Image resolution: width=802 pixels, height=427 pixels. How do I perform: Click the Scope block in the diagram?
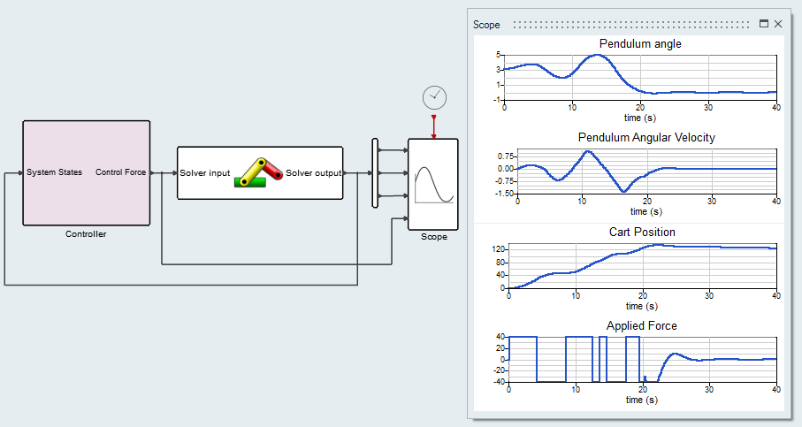tap(433, 183)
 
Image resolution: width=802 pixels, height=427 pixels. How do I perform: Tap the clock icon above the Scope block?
tap(434, 97)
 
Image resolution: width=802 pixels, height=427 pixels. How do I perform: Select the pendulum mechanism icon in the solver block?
tap(257, 172)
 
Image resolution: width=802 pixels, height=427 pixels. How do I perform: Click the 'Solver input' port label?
tap(205, 172)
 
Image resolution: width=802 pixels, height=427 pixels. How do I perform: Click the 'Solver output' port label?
tap(313, 172)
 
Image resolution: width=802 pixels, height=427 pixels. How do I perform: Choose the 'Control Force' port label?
tap(121, 172)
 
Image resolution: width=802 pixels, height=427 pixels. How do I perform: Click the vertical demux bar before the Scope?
tap(375, 172)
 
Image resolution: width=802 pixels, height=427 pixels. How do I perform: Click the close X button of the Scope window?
tap(778, 24)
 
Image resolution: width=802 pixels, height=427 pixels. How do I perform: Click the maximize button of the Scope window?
tap(764, 24)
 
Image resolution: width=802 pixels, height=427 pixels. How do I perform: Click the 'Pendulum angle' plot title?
tap(640, 43)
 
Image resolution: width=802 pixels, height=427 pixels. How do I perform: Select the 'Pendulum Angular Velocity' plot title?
tap(646, 137)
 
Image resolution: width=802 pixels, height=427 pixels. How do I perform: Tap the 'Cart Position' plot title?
tap(642, 232)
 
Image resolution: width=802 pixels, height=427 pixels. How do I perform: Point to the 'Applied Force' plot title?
tap(642, 325)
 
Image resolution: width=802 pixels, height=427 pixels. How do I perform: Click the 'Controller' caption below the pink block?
tap(86, 234)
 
